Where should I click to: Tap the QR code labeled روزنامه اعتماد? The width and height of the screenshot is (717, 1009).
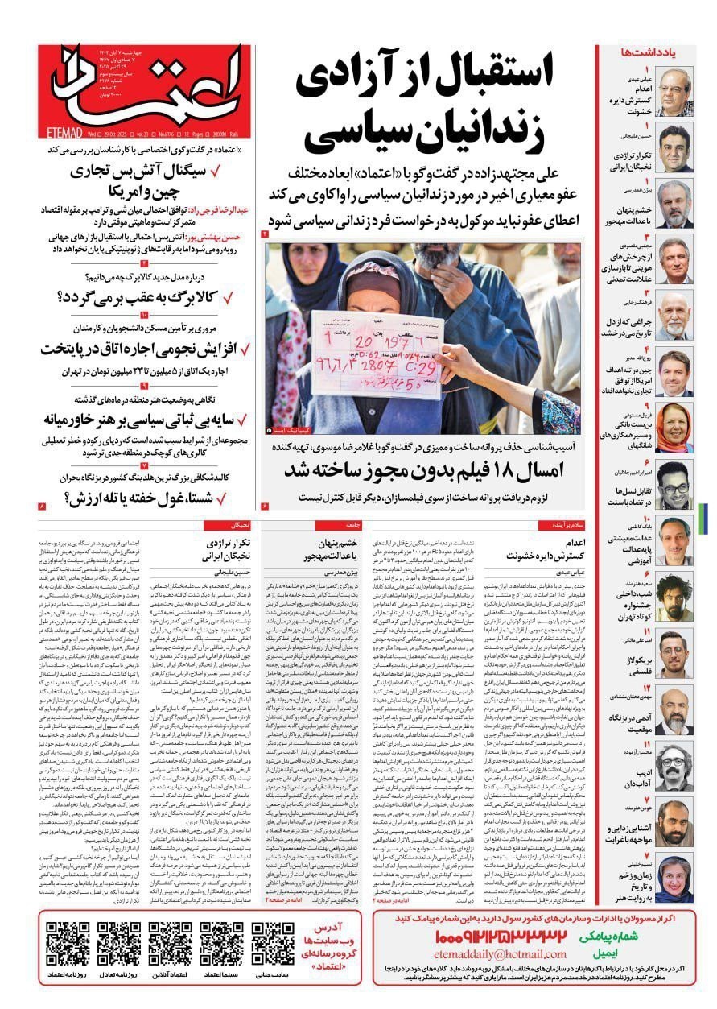[x=68, y=944]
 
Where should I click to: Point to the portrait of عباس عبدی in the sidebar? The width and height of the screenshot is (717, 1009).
[x=674, y=92]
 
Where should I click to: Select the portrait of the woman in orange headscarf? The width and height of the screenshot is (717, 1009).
[x=674, y=428]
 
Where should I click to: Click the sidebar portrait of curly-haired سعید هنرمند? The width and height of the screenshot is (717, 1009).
[x=674, y=598]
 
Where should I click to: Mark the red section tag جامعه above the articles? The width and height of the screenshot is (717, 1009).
[x=332, y=524]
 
